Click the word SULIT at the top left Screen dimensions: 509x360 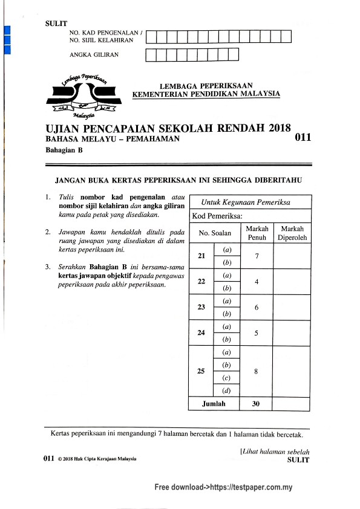coord(56,24)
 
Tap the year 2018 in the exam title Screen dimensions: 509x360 coord(277,128)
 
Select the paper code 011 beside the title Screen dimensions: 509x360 coord(303,138)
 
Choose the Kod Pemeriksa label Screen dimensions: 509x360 coord(217,216)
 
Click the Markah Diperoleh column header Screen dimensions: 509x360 coord(292,233)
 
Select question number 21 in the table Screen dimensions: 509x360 coord(201,256)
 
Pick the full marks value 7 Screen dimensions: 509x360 coord(257,256)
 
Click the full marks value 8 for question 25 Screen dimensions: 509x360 coord(257,371)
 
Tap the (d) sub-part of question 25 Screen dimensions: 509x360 coord(227,391)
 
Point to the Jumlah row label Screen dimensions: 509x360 coord(214,404)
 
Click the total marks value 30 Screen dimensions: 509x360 coord(256,404)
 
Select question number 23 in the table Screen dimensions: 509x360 coord(201,307)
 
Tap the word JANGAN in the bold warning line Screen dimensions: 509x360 coord(73,180)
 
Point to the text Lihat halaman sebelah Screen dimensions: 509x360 coord(276,452)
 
